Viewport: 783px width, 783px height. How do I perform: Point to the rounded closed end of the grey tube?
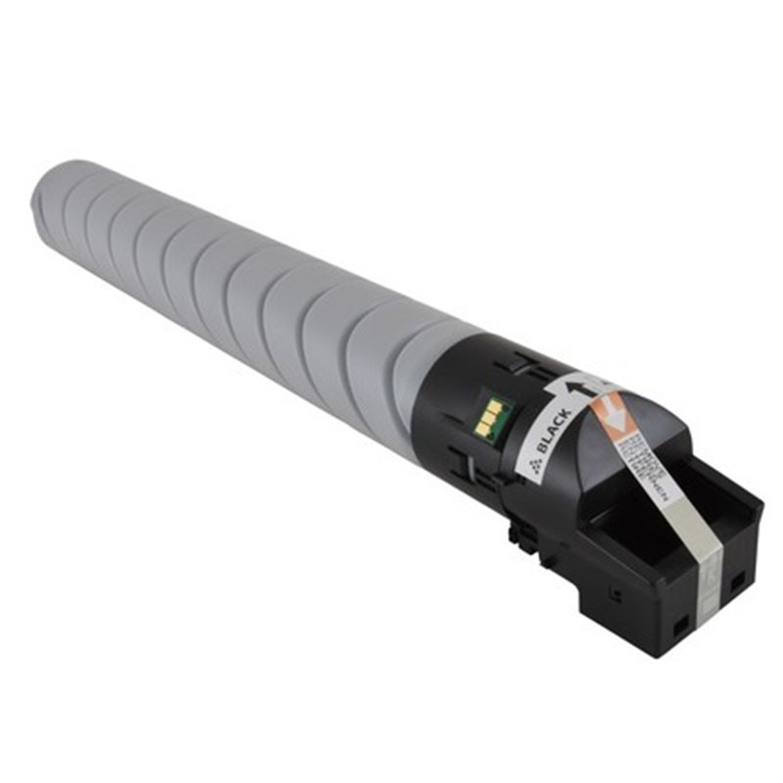(x=49, y=196)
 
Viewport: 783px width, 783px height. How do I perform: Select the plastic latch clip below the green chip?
(x=519, y=533)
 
